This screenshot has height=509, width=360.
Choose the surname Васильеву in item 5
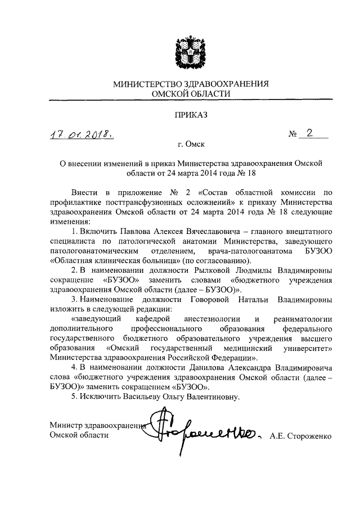tap(137, 397)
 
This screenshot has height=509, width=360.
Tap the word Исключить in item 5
tap(98, 397)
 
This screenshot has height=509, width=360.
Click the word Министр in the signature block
tap(65, 425)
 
